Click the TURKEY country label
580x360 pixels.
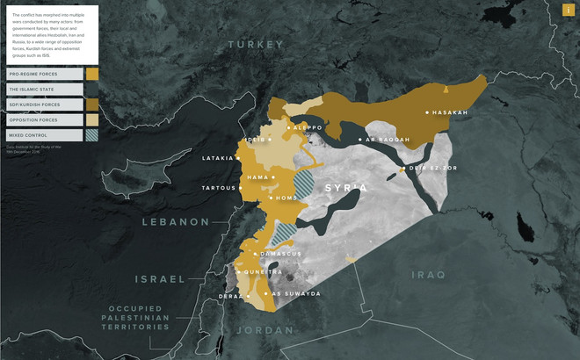coord(257,45)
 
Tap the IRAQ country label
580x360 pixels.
coord(430,275)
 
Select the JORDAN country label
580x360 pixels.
coord(265,330)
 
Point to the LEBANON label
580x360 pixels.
coord(176,222)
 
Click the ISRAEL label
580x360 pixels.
coord(159,279)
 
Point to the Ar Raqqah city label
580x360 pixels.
coord(388,140)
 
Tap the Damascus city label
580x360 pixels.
coord(280,254)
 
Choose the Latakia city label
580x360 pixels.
coord(218,158)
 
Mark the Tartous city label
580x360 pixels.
coord(219,188)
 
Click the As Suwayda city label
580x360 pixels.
coord(295,293)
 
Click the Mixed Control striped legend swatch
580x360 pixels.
coord(92,134)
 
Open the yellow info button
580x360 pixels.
coord(569,10)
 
